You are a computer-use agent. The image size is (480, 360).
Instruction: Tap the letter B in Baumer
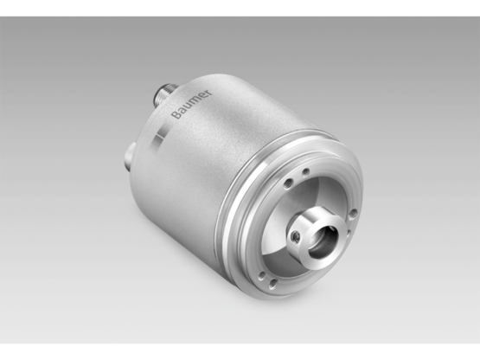(x=176, y=116)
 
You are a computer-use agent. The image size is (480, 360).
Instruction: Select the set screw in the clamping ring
(x=297, y=236)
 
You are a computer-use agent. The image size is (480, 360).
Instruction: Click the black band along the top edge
(x=240, y=7)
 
